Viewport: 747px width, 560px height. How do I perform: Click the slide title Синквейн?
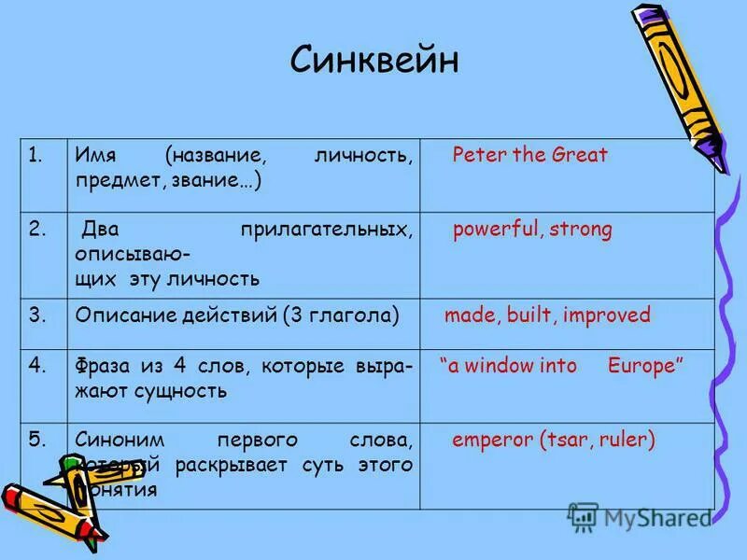coord(374,61)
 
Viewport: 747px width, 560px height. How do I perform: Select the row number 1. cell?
coord(36,155)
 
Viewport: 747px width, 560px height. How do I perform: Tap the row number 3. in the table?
coord(37,315)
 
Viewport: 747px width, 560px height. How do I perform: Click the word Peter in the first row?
coord(473,155)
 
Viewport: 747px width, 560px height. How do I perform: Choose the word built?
coord(531,315)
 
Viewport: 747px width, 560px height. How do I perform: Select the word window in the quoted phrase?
coord(500,366)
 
